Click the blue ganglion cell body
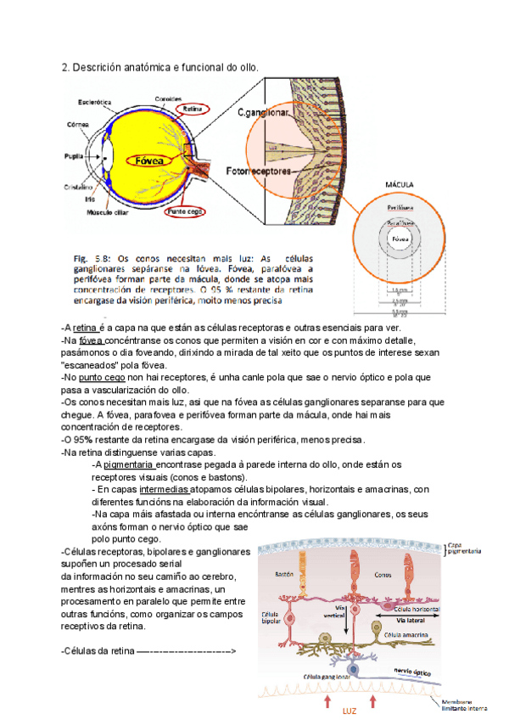click(352, 672)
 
